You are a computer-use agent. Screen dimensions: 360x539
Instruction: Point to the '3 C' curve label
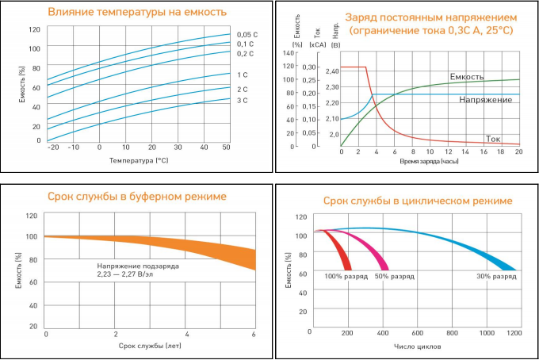(243, 100)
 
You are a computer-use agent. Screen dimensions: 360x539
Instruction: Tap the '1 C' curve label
(243, 75)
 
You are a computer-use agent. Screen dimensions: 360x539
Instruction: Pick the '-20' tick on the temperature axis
(53, 147)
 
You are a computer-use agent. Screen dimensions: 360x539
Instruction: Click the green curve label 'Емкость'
(467, 77)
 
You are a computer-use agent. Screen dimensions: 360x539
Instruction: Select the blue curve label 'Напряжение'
(485, 100)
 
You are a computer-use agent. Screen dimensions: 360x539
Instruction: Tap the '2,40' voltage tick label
(331, 71)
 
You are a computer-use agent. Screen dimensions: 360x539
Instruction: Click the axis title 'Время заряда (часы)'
(429, 161)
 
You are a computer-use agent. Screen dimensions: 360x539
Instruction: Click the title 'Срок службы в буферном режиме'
(136, 196)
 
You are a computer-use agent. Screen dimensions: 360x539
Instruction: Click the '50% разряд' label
(394, 277)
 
